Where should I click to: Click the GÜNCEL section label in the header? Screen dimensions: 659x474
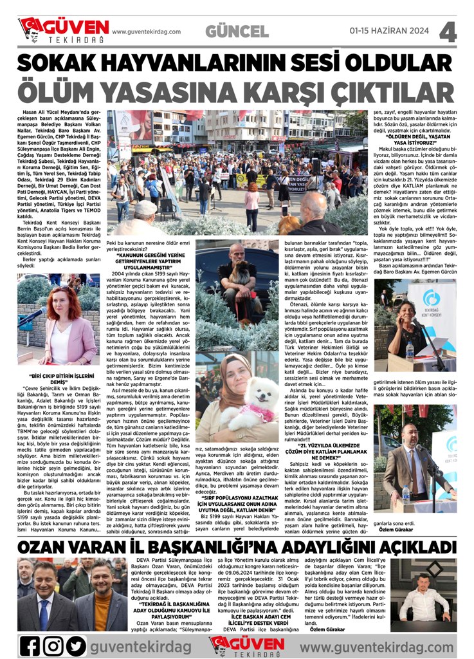point(237,31)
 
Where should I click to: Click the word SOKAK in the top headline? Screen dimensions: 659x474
point(61,62)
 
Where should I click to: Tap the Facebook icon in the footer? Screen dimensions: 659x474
point(30,644)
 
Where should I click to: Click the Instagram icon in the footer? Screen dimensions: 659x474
point(53,644)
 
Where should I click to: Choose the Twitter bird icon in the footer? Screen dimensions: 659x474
point(76,644)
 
